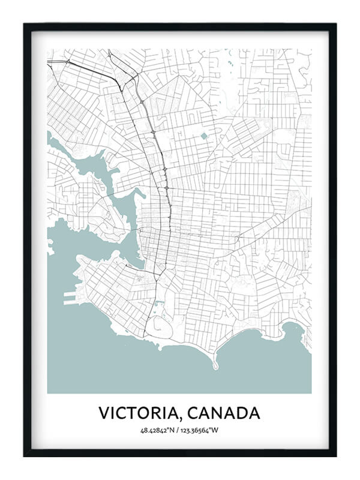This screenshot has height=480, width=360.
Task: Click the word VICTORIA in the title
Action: (x=140, y=413)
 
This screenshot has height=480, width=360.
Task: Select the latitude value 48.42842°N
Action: (x=159, y=430)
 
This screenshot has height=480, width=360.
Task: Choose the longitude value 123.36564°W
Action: (x=202, y=430)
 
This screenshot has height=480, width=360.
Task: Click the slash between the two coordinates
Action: (x=179, y=430)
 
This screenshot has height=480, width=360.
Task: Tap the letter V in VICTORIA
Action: (x=104, y=413)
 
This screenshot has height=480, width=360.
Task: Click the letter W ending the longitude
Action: (x=218, y=430)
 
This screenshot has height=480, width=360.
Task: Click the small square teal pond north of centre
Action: (x=203, y=136)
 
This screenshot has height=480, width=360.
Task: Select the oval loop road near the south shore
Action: (x=160, y=326)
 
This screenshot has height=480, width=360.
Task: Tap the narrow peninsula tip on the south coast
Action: (x=214, y=365)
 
